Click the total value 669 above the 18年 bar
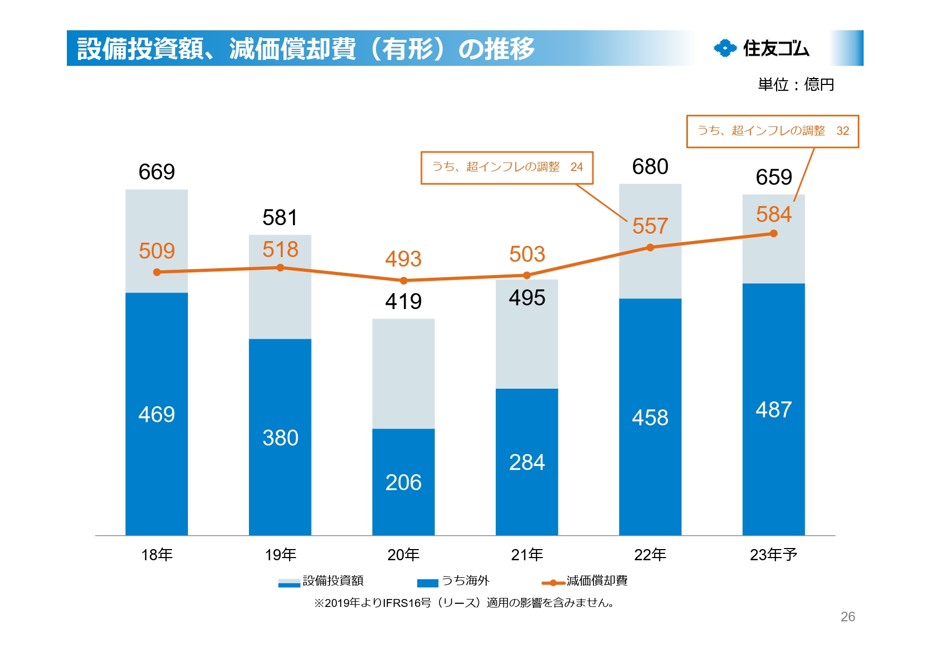(157, 172)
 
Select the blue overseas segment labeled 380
(280, 437)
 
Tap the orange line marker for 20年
(403, 280)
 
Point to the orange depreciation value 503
(527, 254)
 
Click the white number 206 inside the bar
(403, 482)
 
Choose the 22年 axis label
(650, 555)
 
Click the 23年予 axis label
(773, 555)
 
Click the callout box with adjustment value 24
(507, 168)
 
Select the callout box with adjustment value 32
(772, 131)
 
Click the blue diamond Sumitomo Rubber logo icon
(725, 48)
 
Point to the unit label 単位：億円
(796, 84)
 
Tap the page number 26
(848, 617)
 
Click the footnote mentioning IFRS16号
(464, 603)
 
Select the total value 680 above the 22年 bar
(650, 167)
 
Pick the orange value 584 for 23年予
(773, 215)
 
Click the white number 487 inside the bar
(773, 409)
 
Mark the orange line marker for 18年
(157, 272)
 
